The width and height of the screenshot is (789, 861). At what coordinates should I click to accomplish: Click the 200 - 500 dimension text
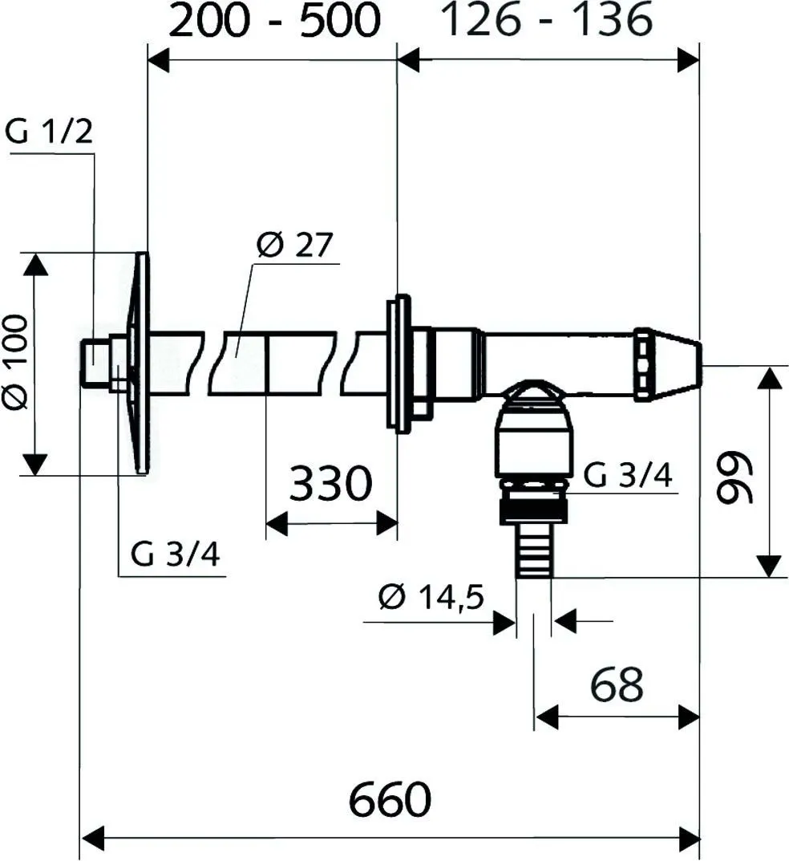(273, 22)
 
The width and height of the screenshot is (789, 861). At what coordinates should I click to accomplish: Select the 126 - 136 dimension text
(548, 21)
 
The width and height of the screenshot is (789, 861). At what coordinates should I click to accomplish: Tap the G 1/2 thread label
(49, 131)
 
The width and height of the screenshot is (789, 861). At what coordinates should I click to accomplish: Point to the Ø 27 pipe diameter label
(293, 245)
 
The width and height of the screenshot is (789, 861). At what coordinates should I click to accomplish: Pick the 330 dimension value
(331, 484)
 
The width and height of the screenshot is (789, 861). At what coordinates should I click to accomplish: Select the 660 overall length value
(390, 799)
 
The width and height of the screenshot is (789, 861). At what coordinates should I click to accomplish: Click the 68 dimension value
(617, 684)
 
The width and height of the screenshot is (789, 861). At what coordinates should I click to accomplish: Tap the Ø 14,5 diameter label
(431, 598)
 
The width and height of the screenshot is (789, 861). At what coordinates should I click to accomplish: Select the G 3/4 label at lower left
(176, 554)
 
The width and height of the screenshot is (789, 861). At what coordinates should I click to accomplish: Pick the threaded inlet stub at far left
(96, 363)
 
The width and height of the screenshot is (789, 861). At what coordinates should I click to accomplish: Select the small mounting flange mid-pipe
(399, 363)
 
